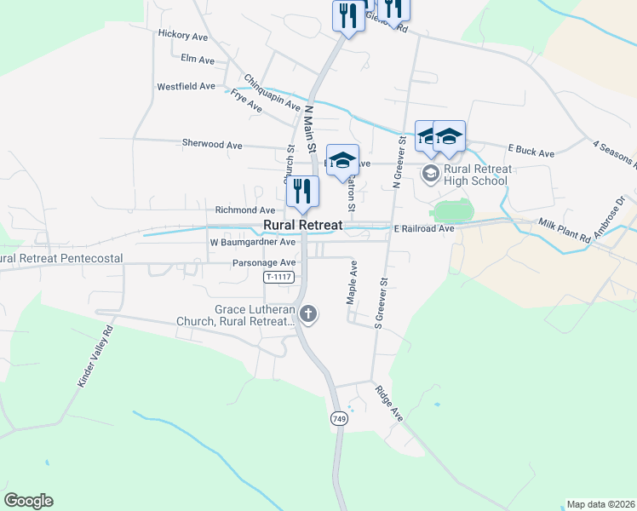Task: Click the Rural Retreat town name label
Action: tap(302, 226)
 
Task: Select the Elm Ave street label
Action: tap(198, 60)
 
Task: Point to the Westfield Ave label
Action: tap(186, 87)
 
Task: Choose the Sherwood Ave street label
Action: tap(212, 145)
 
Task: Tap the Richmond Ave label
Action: tap(245, 210)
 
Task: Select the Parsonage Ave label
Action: tap(264, 263)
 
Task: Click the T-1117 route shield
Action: tap(278, 277)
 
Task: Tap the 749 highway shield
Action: tap(338, 418)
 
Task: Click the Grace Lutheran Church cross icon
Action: tap(308, 315)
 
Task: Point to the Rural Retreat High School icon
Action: tap(431, 175)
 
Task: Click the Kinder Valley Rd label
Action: tap(95, 357)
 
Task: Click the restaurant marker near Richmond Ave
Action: tap(301, 192)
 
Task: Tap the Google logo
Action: tap(28, 501)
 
